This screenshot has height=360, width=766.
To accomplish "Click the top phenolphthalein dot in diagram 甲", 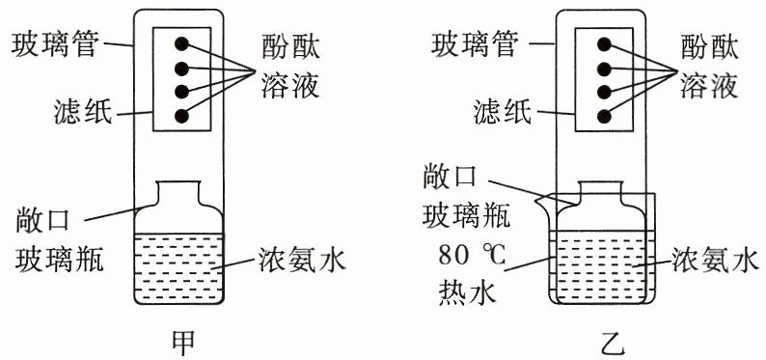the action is point(181,44).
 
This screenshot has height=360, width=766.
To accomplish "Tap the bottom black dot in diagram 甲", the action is point(181,116).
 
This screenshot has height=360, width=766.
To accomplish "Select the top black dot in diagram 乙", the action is point(604,44).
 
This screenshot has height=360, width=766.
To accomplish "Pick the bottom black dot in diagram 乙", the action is point(604,116).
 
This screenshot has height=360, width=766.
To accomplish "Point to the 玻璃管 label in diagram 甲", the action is point(56,44).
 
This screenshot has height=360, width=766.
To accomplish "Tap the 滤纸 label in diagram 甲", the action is point(84,113).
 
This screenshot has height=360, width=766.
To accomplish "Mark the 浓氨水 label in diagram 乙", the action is point(715,261).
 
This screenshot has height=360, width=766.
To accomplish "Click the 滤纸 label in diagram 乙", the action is point(503,113).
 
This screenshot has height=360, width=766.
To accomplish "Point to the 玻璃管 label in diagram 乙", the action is point(475,44).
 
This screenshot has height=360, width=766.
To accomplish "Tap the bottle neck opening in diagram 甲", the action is point(178,182).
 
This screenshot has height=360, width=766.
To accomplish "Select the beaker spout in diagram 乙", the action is point(542,200).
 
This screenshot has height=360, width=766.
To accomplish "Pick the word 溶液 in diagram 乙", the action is point(708,87).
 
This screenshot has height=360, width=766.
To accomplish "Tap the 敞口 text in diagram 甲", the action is point(42,223).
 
